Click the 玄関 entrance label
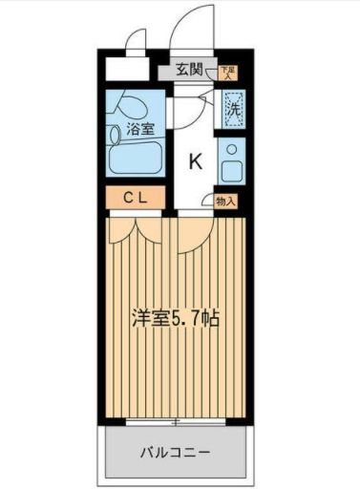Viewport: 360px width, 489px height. [x=189, y=69]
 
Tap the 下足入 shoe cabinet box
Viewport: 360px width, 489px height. [x=226, y=71]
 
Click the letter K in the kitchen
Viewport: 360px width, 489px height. [x=194, y=161]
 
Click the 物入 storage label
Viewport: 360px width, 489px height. [x=225, y=202]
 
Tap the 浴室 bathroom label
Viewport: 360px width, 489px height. [x=140, y=130]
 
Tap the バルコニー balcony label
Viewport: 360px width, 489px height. [x=176, y=451]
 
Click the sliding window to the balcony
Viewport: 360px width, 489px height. [x=176, y=420]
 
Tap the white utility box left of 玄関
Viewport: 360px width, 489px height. [x=127, y=69]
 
